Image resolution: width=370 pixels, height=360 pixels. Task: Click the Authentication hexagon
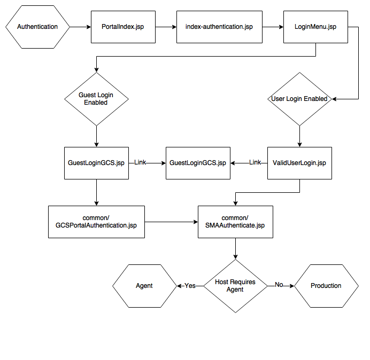37,27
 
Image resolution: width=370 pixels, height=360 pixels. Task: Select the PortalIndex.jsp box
123,27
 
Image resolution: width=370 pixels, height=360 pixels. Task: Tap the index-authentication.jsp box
219,27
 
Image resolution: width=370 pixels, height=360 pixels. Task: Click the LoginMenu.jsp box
315,27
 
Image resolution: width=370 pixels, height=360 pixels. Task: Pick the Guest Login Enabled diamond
96,99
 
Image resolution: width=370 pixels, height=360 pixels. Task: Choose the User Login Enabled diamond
299,99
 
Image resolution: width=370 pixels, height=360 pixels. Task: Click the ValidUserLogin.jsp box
299,163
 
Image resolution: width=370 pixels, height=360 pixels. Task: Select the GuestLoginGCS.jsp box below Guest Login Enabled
96,163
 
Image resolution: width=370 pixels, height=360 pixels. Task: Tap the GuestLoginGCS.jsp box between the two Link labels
198,163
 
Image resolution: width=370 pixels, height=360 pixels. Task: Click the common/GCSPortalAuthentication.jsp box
96,222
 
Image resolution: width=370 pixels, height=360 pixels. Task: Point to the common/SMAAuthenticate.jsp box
235,222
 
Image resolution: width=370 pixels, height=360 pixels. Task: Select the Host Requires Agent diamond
235,286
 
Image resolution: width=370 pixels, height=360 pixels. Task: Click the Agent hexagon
144,286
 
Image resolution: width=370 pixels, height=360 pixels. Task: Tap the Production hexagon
326,286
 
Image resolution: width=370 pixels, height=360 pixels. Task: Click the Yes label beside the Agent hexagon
190,286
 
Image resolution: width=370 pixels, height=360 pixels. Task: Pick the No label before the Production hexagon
279,285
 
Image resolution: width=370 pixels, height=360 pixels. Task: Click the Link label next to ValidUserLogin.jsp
255,162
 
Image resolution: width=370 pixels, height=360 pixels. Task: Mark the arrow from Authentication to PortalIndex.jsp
80,27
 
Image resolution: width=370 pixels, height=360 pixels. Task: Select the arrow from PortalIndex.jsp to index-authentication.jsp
166,27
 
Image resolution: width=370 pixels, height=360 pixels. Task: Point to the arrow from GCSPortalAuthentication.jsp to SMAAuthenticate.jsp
171,222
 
